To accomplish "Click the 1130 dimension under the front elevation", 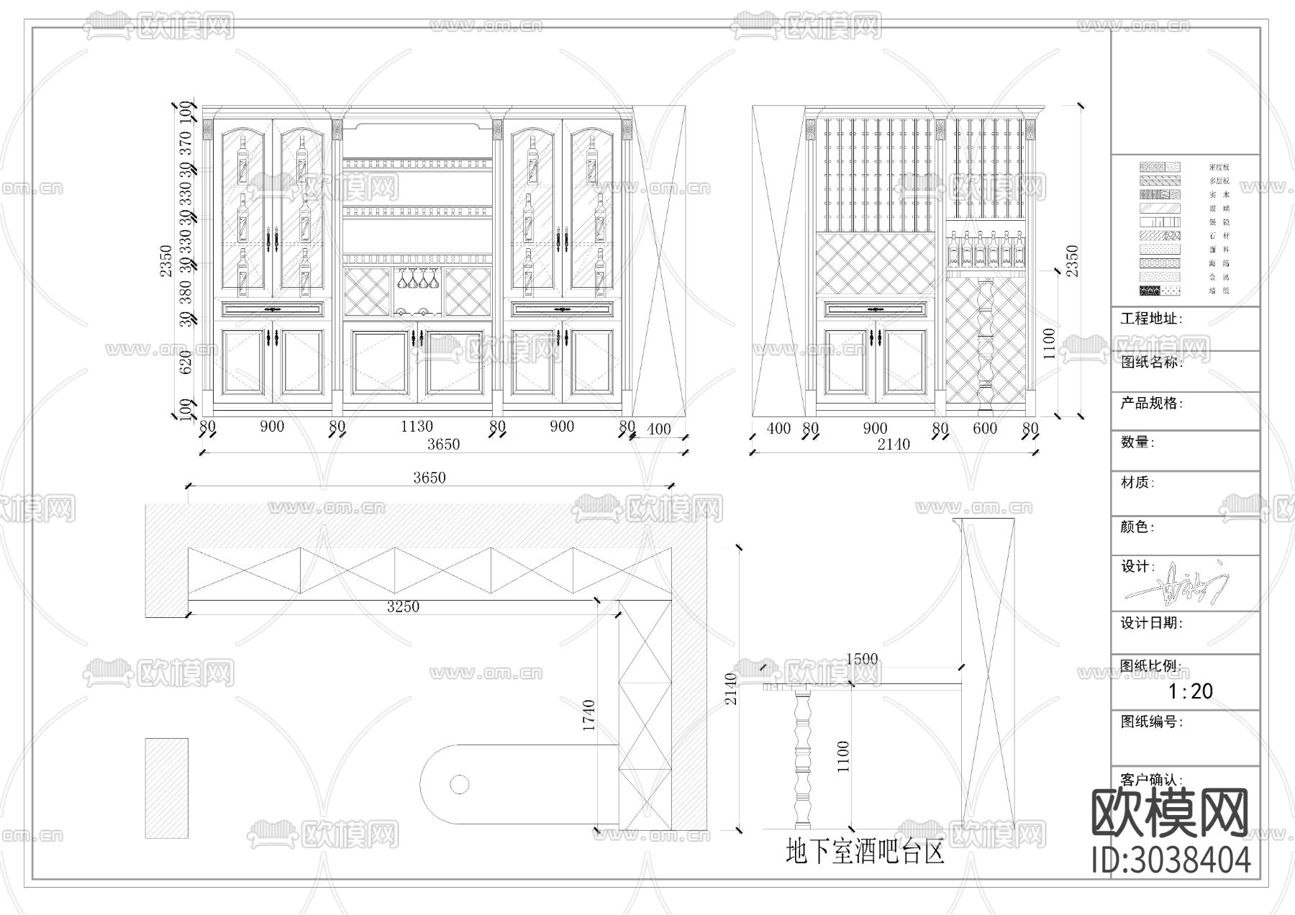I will click(417, 427).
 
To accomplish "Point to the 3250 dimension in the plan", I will click(403, 606).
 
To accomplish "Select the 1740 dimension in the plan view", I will click(589, 715).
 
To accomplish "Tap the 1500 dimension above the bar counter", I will click(862, 659).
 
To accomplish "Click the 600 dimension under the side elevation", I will click(985, 429).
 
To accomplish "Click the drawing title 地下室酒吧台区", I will click(865, 853).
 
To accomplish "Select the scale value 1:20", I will click(1191, 691).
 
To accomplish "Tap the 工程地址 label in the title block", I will click(1151, 319).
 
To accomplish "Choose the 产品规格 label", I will click(1151, 404).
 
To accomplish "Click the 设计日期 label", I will click(1151, 623).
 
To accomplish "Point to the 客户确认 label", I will click(1151, 780).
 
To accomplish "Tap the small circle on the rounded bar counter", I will click(460, 784).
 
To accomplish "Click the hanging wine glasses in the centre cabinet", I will click(418, 278).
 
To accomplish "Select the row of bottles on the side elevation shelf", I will click(985, 249).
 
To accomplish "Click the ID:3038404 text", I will click(1171, 860).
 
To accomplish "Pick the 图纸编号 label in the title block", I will click(1151, 721).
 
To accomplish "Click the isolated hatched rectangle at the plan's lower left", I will click(166, 788).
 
